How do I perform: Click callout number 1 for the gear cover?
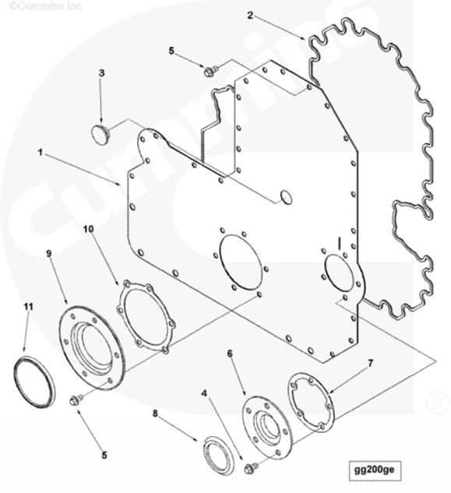pyautogui.click(x=40, y=153)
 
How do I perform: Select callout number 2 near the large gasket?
pyautogui.click(x=250, y=15)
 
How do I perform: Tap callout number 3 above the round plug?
pyautogui.click(x=101, y=73)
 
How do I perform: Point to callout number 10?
pyautogui.click(x=88, y=229)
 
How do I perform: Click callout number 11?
pyautogui.click(x=29, y=307)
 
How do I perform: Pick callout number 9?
pyautogui.click(x=49, y=253)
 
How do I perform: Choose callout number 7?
pyautogui.click(x=371, y=364)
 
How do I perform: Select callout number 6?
pyautogui.click(x=230, y=354)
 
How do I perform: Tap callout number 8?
pyautogui.click(x=155, y=414)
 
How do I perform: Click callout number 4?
pyautogui.click(x=205, y=393)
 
